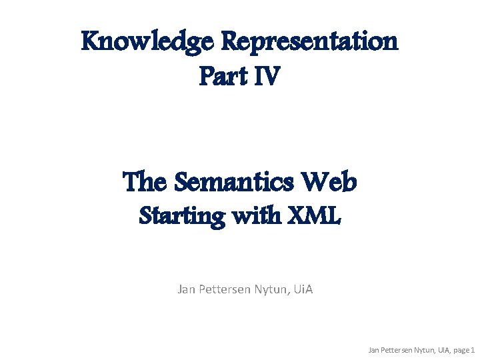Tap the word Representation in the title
tap(309, 41)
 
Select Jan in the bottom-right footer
tap(375, 349)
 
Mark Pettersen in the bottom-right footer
tap(397, 349)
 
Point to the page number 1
tap(473, 349)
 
